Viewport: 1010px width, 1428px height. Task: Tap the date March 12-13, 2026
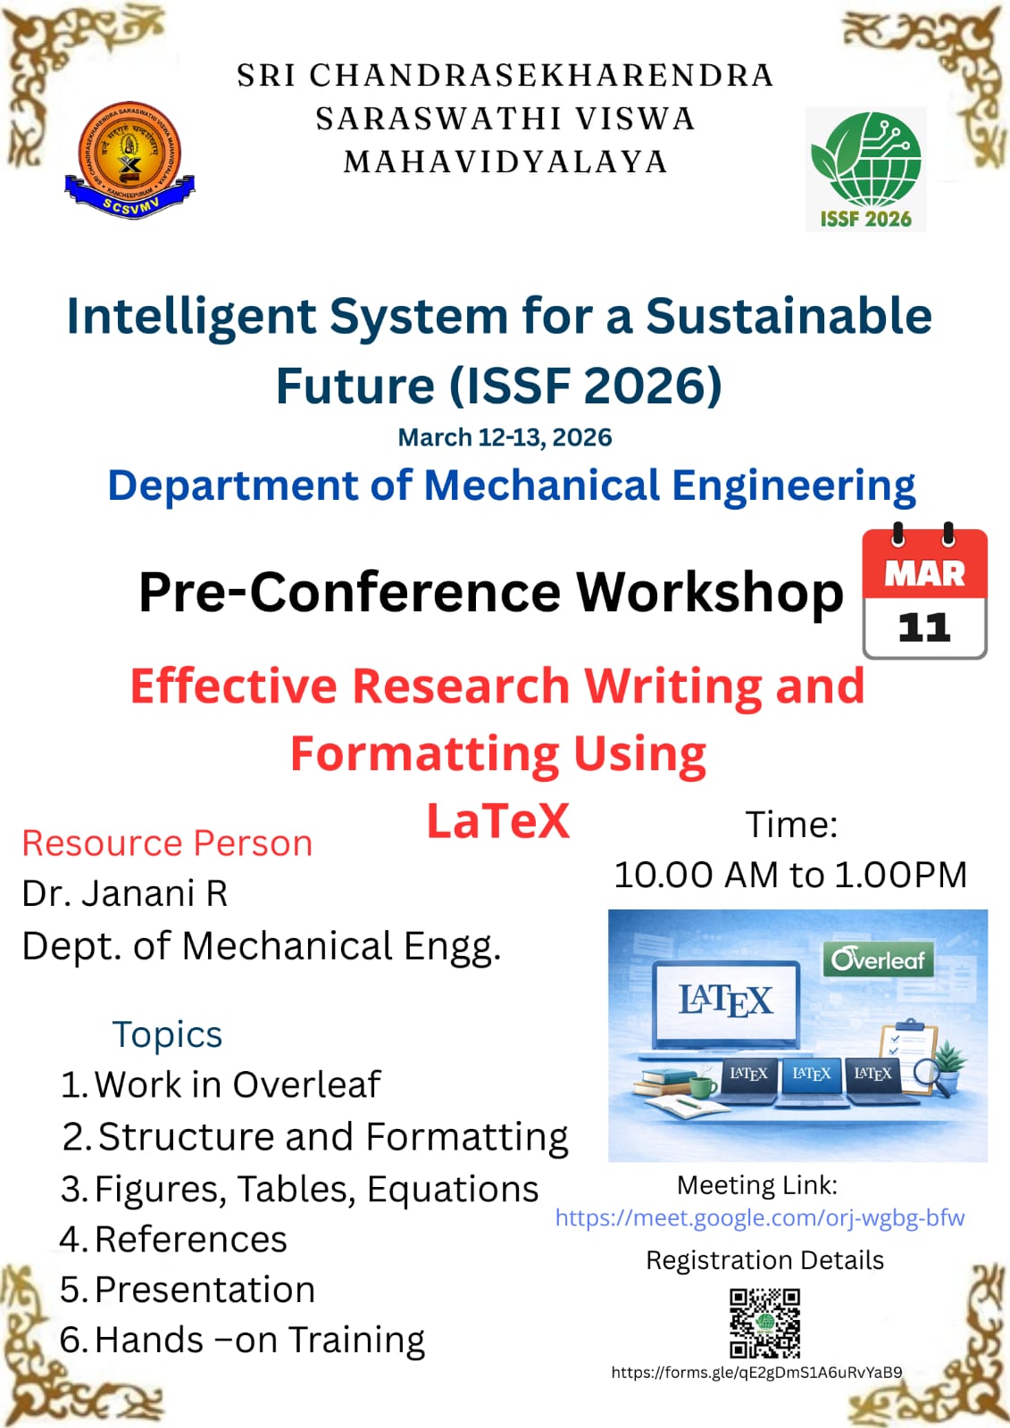click(x=505, y=437)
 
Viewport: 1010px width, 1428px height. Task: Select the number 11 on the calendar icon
click(x=924, y=627)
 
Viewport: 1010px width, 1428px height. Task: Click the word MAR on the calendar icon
click(x=924, y=574)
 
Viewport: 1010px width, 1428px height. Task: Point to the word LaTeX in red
click(x=497, y=821)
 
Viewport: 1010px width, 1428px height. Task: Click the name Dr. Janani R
click(x=125, y=893)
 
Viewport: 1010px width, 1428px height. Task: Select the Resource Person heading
click(x=167, y=843)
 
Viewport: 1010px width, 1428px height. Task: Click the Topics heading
click(x=167, y=1034)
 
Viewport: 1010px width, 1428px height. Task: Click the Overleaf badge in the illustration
click(x=878, y=959)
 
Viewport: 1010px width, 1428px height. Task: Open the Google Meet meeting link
click(x=759, y=1217)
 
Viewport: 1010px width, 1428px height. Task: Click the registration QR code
click(x=764, y=1323)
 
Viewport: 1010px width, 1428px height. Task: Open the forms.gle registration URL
click(x=756, y=1373)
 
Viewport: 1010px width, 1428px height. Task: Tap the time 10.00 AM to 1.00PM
click(x=790, y=875)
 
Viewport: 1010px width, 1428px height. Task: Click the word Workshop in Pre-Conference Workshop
click(x=710, y=593)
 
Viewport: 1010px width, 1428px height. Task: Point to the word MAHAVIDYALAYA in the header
click(x=505, y=162)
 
